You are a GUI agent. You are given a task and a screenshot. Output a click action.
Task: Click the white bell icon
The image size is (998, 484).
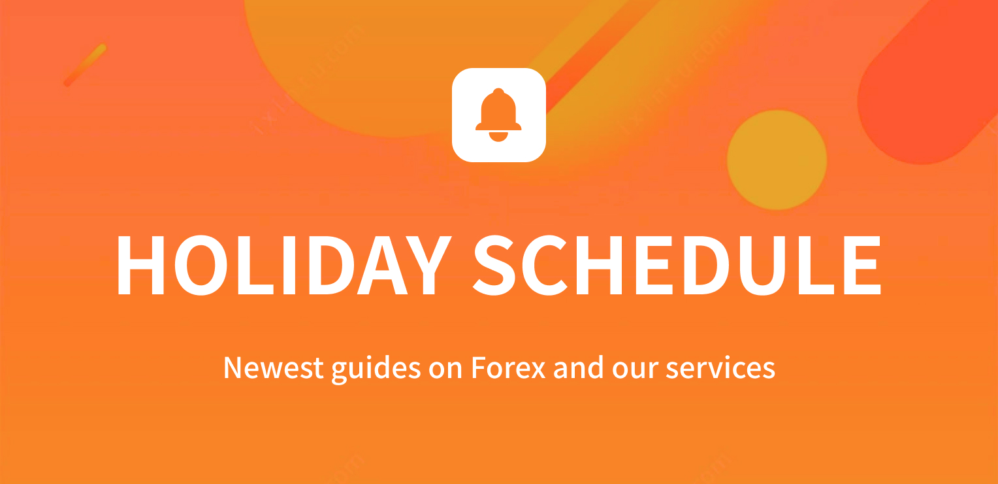click(x=498, y=115)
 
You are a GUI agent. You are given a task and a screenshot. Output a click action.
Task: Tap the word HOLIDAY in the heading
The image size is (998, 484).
click(x=285, y=265)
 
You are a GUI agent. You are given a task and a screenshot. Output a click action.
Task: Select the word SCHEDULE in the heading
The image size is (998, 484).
click(x=677, y=265)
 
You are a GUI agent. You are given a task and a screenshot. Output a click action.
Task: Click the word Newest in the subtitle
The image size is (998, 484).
click(x=273, y=368)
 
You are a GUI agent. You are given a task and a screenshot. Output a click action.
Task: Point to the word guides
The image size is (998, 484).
click(x=376, y=369)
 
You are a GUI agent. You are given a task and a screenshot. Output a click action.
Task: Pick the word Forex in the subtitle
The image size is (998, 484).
click(x=508, y=368)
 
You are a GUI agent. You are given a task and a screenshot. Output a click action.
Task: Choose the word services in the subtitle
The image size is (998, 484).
click(x=720, y=368)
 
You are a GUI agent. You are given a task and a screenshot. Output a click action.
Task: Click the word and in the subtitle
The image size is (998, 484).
click(x=579, y=368)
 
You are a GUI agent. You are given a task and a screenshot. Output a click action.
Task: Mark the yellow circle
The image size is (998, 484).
click(x=777, y=160)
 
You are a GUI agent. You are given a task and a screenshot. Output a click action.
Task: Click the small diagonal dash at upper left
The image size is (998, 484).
click(x=85, y=65)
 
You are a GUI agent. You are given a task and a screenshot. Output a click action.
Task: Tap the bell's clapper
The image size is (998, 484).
click(x=498, y=137)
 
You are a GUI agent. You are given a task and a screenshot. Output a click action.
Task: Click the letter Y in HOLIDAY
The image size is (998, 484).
click(x=428, y=265)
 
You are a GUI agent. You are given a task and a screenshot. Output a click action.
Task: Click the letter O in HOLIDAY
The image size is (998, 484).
click(x=201, y=265)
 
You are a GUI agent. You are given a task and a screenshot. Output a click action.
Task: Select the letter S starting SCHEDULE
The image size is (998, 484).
click(x=494, y=265)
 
